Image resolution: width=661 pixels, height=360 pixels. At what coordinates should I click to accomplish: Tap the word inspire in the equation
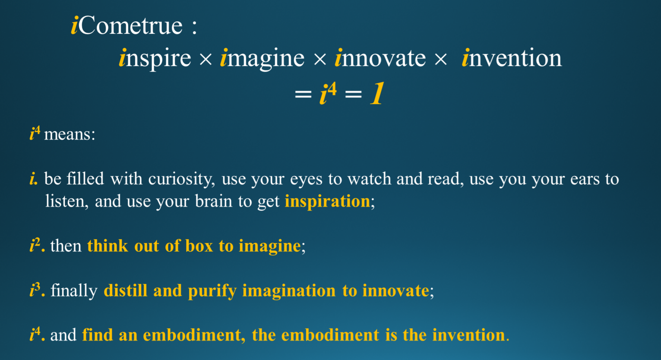[155, 59]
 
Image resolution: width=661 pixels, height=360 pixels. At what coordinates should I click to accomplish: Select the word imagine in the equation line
[262, 59]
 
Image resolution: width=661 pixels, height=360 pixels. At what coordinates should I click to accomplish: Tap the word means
[70, 134]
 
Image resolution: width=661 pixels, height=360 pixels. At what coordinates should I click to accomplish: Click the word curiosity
[181, 179]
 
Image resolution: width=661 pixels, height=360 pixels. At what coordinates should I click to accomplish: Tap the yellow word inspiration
[328, 202]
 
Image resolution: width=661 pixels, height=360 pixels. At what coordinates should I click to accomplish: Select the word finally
[74, 291]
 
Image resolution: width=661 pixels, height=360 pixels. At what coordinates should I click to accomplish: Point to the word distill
[126, 291]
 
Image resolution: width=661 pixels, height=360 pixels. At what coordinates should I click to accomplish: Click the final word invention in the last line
[468, 335]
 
